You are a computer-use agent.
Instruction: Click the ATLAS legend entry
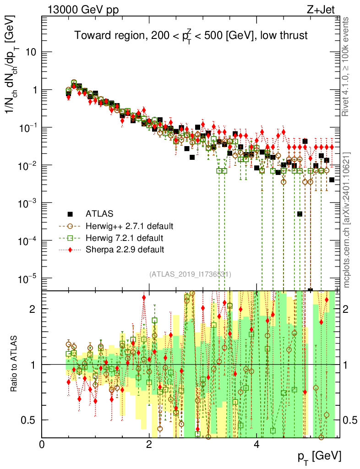tap(99, 213)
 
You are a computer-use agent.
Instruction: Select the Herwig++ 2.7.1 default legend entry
tap(129, 226)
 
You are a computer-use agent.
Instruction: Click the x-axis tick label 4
tap(256, 444)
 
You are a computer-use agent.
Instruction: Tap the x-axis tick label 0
tap(42, 444)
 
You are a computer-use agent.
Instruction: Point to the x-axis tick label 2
tap(149, 444)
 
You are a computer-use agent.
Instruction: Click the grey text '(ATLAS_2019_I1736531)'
tap(190, 274)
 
